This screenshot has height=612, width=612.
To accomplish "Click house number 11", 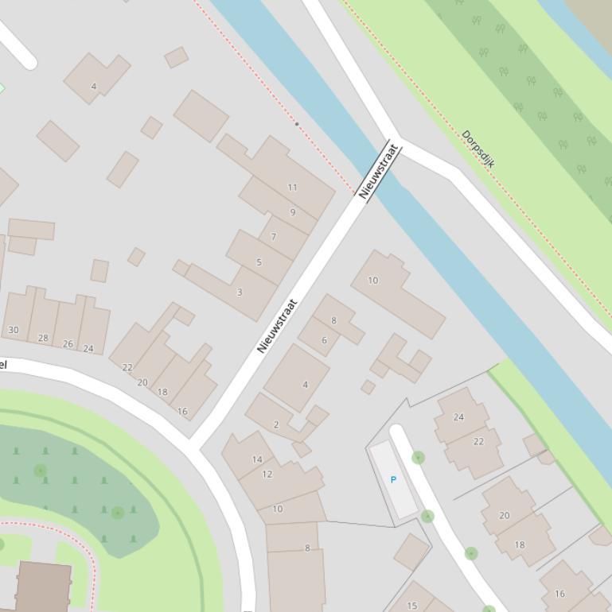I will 292,188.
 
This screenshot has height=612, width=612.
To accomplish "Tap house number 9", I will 293,212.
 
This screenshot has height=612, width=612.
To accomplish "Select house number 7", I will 274,237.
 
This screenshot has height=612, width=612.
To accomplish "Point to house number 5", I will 259,262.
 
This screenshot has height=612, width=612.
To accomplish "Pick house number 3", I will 240,292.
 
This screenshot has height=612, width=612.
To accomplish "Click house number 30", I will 14,330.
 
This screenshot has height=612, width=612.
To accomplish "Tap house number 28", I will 43,338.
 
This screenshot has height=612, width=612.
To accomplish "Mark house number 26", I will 68,344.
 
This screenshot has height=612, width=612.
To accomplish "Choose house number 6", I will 324,340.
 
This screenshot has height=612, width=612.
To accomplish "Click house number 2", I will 276,424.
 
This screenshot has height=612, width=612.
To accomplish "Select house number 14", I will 257,459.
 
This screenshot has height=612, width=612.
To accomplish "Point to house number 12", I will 267,474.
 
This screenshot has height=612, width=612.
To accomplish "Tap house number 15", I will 412,606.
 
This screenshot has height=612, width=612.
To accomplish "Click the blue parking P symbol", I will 393,480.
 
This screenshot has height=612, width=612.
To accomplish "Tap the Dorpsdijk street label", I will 478,149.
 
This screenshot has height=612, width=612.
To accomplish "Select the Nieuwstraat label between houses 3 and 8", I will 277,326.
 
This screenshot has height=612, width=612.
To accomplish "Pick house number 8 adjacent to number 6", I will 333,321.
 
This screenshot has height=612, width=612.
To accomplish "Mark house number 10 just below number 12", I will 277,509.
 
